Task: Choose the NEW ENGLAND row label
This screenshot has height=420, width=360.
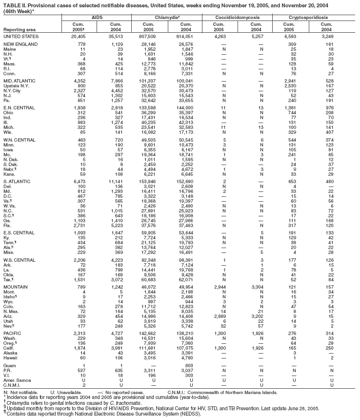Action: pyautogui.click(x=18, y=44)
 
